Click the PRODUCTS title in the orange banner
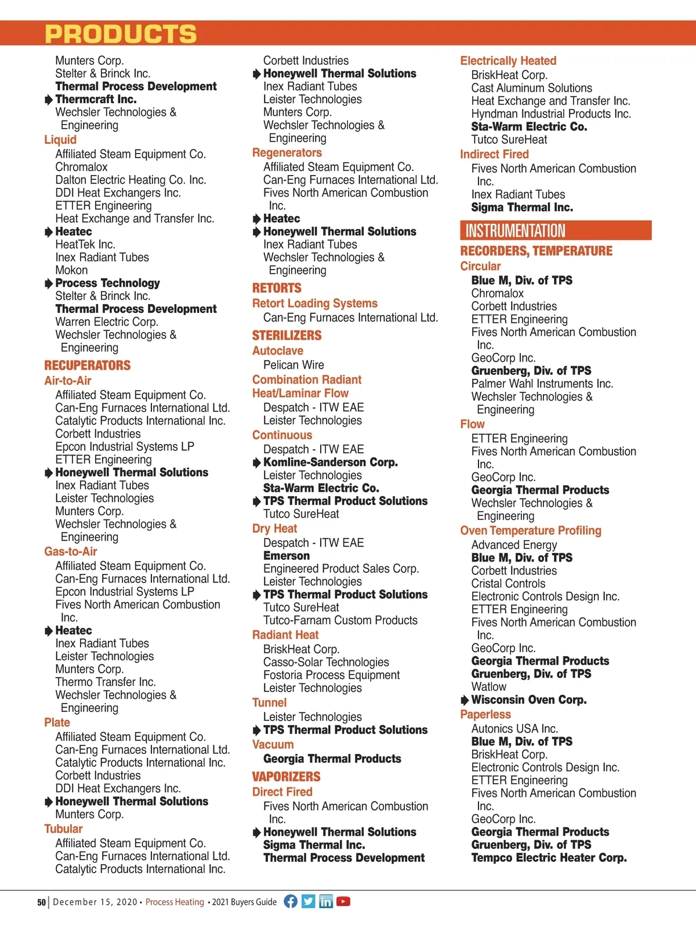[121, 34]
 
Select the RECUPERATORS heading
[88, 366]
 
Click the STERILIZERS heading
[287, 336]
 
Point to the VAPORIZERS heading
[286, 777]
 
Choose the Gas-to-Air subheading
[71, 552]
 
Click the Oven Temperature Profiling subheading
[531, 531]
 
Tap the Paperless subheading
[485, 715]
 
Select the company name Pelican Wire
[293, 365]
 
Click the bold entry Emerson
[287, 556]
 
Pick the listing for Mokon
[71, 270]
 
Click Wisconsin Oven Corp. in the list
[528, 700]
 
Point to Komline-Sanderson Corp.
[330, 462]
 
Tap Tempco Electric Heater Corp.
[549, 858]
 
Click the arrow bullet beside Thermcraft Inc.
[49, 100]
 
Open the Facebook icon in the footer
[291, 901]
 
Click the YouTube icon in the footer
[343, 901]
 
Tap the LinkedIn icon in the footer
[326, 901]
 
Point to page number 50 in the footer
[41, 902]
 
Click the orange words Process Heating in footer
[175, 902]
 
